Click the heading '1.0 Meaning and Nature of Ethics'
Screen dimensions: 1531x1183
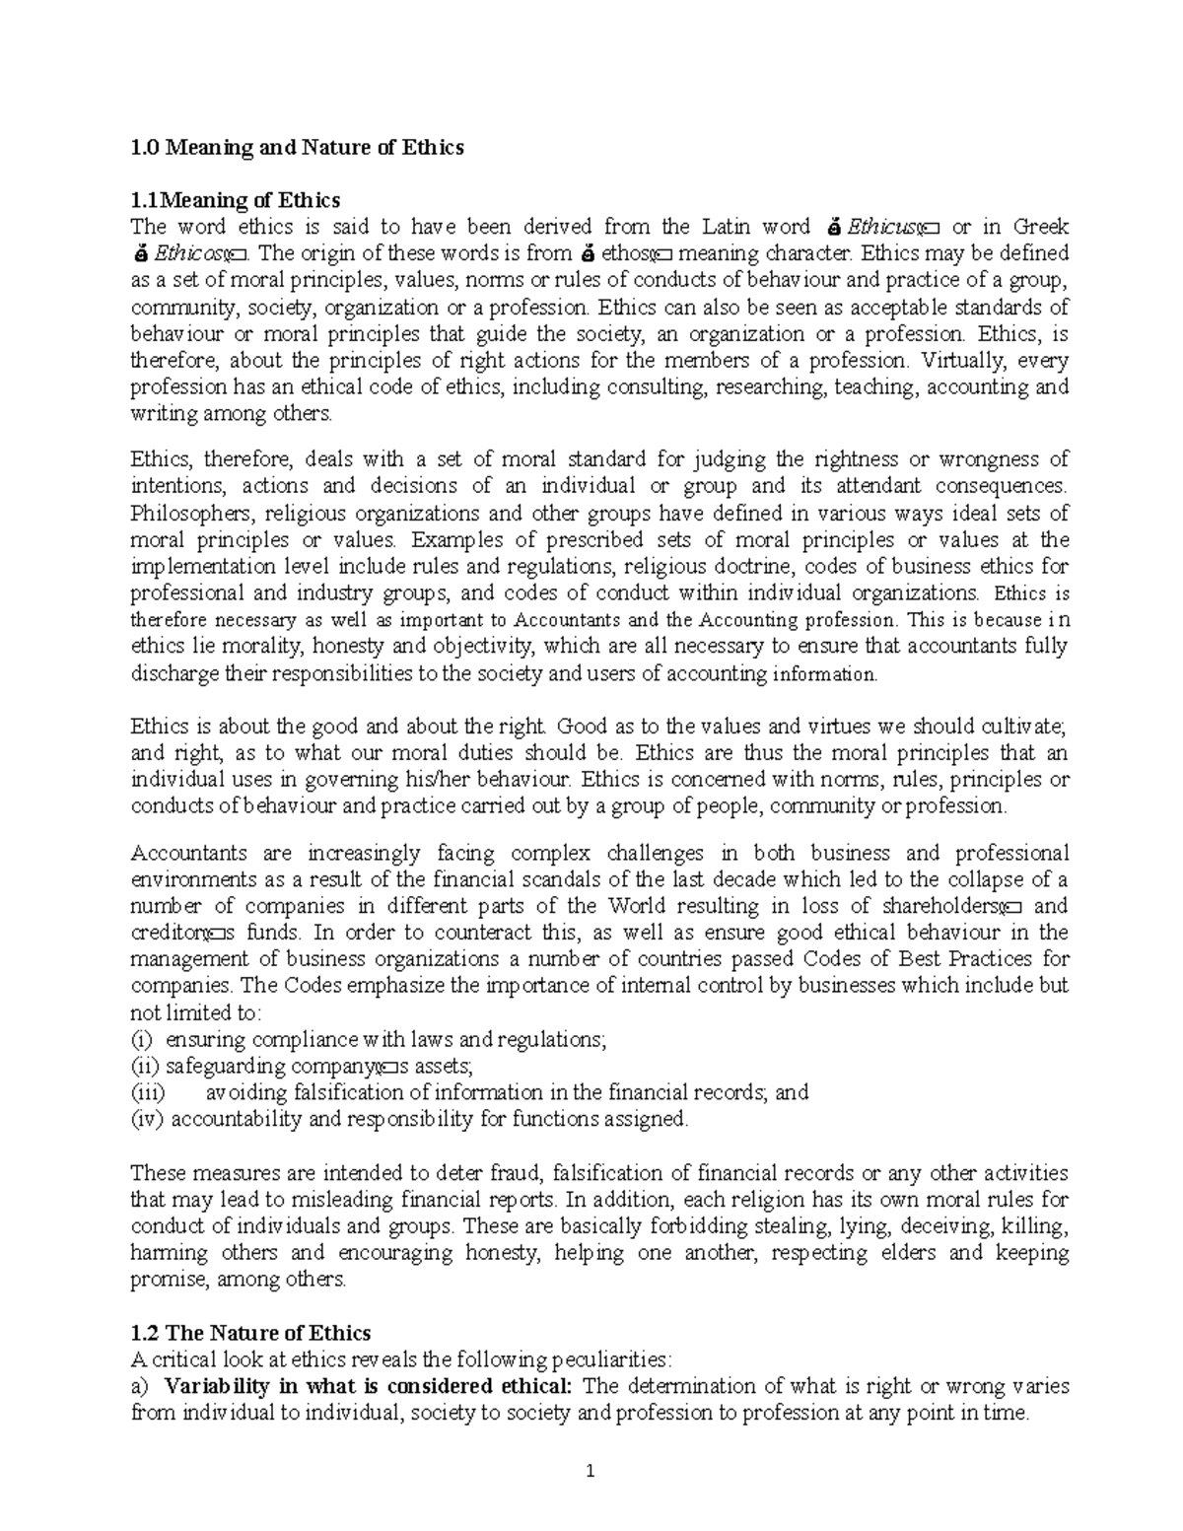297,148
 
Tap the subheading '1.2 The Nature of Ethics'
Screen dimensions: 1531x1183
250,1333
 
